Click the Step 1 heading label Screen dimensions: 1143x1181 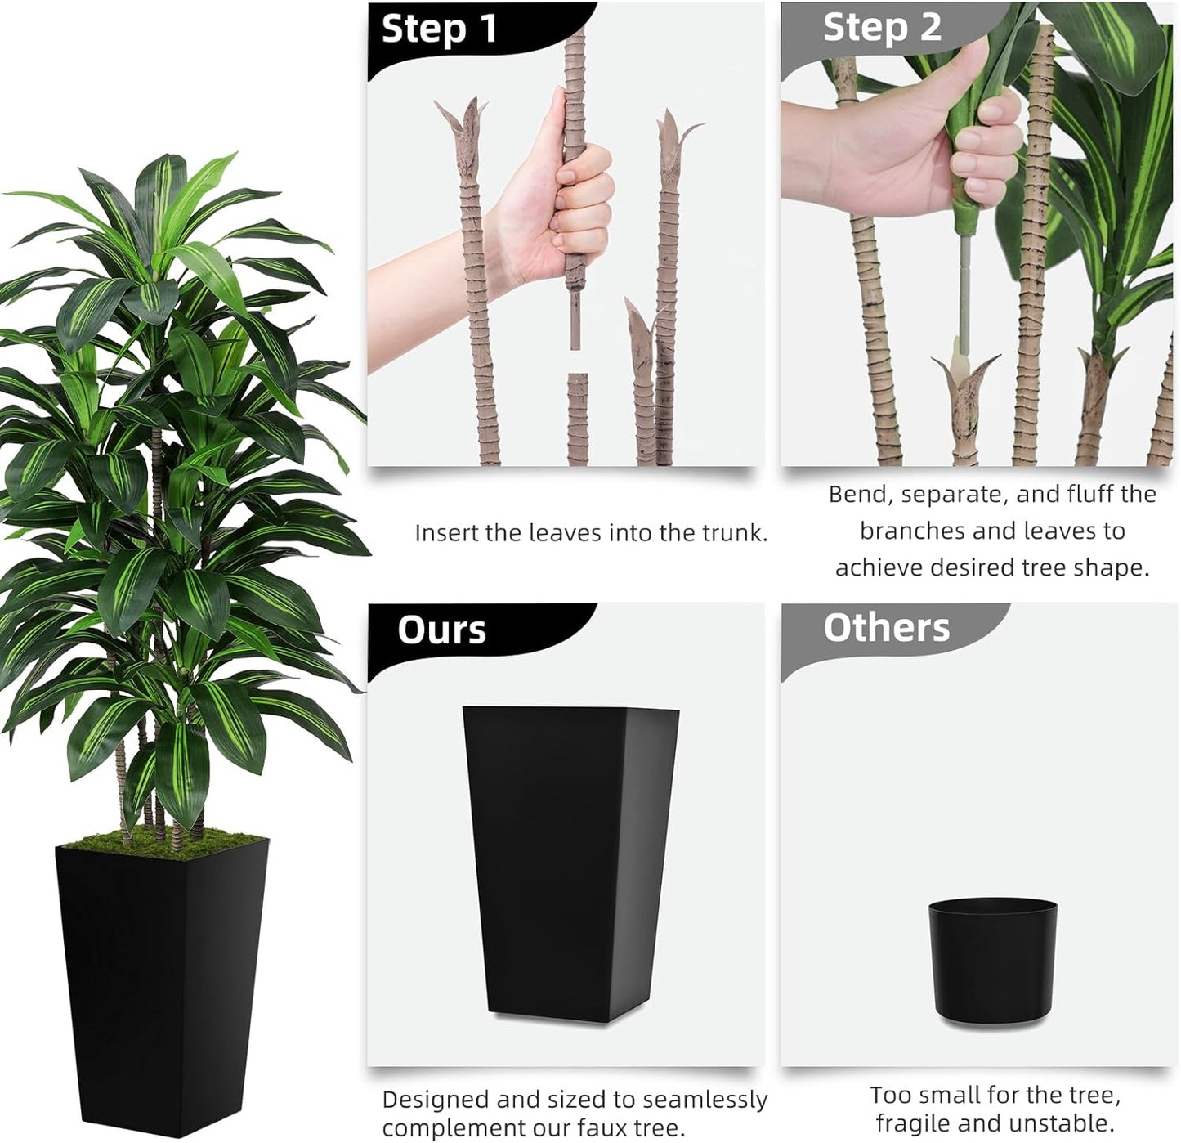coord(440,29)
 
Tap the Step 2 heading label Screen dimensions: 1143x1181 coord(882,28)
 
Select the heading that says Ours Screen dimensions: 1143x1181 coord(441,630)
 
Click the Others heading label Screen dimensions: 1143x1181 coord(886,628)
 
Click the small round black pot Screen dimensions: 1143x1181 coord(992,961)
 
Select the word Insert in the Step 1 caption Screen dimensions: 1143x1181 coord(446,533)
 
